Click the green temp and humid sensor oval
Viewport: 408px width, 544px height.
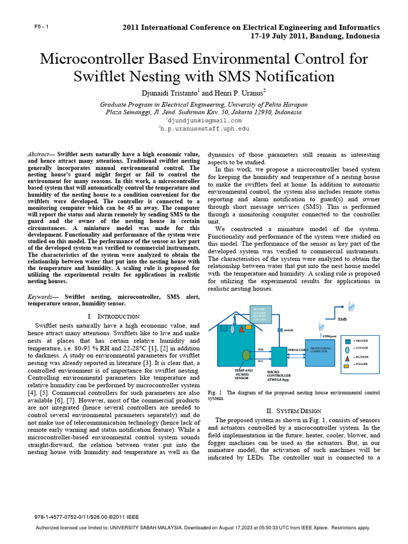[x=246, y=354]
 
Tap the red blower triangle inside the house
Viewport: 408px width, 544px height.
[x=241, y=329]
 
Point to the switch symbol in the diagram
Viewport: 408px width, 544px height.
[x=280, y=330]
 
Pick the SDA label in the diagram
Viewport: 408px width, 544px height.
[x=260, y=349]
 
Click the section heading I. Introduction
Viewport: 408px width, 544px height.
[x=113, y=316]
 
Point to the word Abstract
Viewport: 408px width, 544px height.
[x=39, y=154]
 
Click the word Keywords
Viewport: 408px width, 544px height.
[x=42, y=296]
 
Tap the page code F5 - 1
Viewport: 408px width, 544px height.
[x=41, y=27]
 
